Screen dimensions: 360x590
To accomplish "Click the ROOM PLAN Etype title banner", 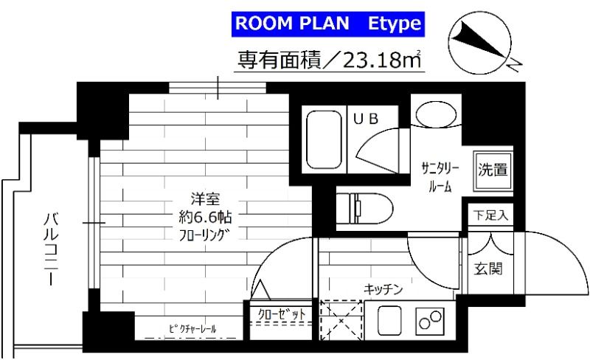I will point(327,24).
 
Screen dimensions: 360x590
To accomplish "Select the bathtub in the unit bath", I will point(324,140).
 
